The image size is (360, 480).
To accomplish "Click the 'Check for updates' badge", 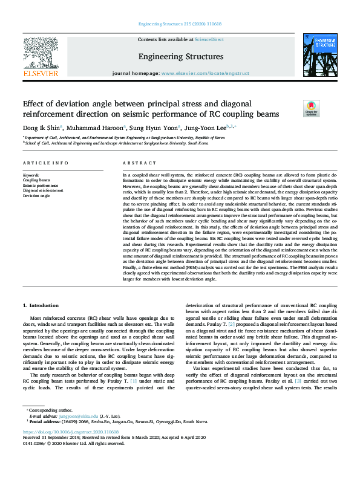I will tap(311, 108).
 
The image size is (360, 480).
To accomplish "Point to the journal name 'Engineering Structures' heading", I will tap(180, 57).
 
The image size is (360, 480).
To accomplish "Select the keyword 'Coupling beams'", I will tap(36, 180).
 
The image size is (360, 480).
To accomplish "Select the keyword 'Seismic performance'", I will tap(41, 186).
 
